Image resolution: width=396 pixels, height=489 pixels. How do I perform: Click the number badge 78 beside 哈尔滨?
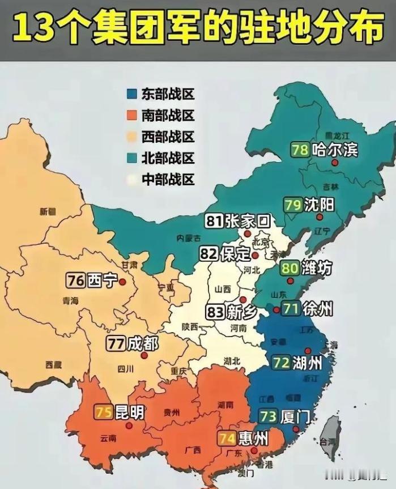pyautogui.click(x=300, y=150)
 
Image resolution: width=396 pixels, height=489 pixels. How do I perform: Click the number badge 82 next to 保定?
pyautogui.click(x=208, y=254)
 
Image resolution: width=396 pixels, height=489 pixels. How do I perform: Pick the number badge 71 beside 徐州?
pyautogui.click(x=291, y=309)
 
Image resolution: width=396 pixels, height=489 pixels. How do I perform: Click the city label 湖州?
pyautogui.click(x=307, y=363)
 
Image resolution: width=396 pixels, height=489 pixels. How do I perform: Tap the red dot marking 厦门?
pyautogui.click(x=296, y=429)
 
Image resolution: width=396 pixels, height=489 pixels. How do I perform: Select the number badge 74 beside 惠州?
pyautogui.click(x=227, y=438)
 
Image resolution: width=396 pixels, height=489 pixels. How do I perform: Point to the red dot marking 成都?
pyautogui.click(x=144, y=355)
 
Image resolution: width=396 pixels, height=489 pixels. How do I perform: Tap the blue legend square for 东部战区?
pyautogui.click(x=132, y=95)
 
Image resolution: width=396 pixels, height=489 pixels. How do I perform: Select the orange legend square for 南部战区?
pyautogui.click(x=132, y=116)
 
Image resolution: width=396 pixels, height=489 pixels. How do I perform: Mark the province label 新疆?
pyautogui.click(x=48, y=211)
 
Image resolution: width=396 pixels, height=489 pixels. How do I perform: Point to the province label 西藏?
pyautogui.click(x=54, y=364)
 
